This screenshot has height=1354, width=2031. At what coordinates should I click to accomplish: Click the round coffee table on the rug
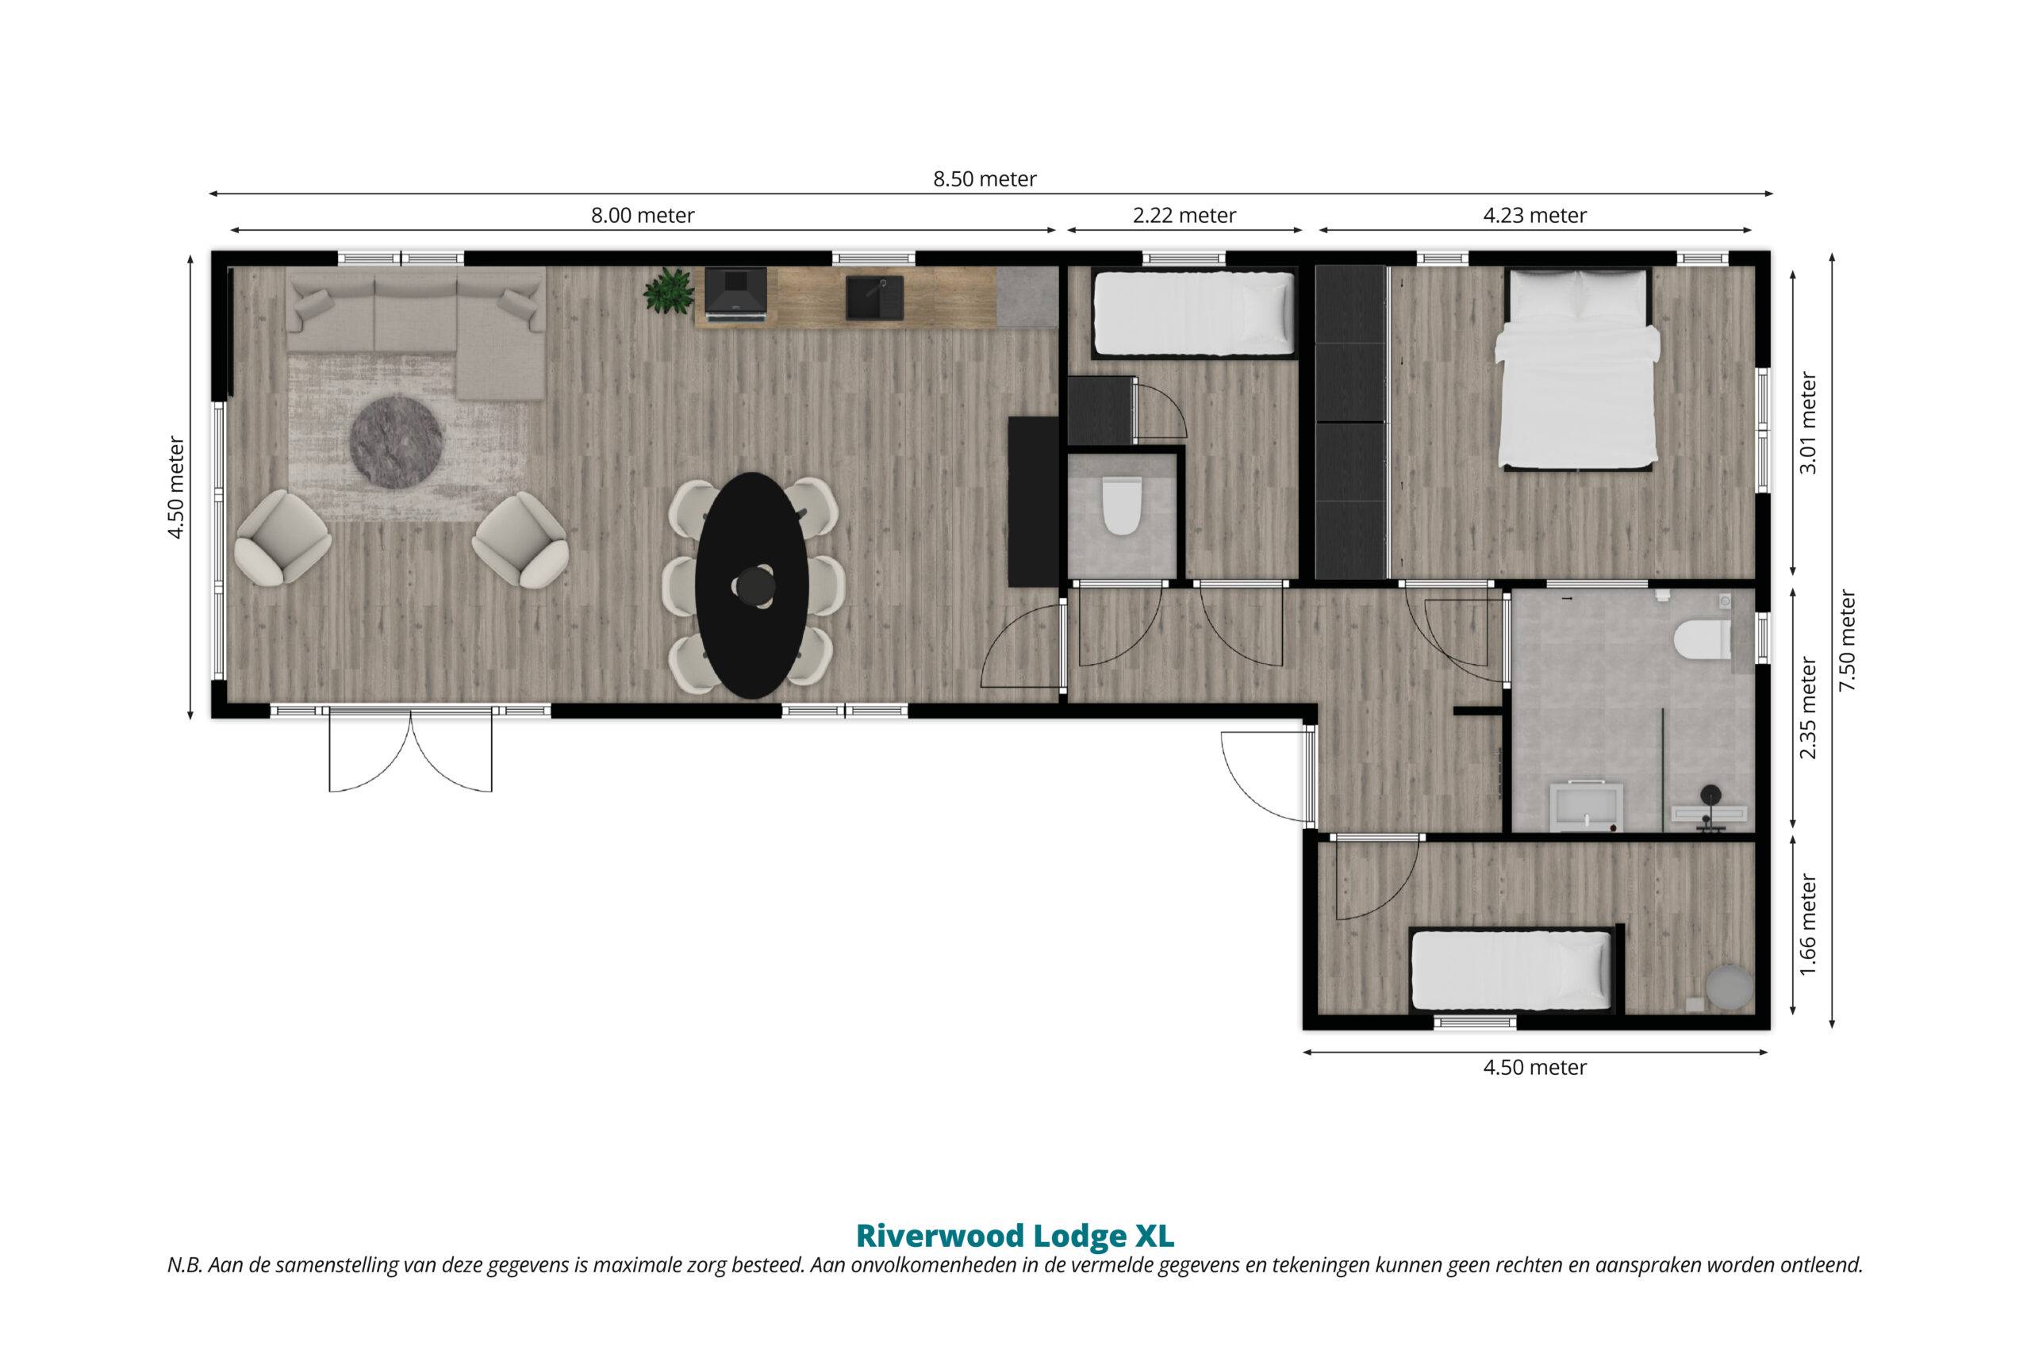(x=397, y=440)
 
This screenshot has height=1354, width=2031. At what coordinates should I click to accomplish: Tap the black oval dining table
(x=752, y=585)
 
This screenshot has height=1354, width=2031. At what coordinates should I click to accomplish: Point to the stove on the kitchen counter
(x=735, y=294)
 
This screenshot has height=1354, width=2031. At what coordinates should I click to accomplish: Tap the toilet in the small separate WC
(x=1121, y=508)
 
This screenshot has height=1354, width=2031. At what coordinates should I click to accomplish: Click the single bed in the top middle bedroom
(x=1195, y=313)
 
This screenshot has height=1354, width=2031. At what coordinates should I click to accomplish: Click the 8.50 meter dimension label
(x=985, y=179)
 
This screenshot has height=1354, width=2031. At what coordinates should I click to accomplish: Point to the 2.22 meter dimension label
(x=1184, y=216)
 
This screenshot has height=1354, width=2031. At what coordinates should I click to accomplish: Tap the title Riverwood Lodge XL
(x=1015, y=1236)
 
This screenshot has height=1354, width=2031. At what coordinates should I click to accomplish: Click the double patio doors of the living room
(x=410, y=749)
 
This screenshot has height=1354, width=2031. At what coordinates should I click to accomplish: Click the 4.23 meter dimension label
(x=1534, y=216)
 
